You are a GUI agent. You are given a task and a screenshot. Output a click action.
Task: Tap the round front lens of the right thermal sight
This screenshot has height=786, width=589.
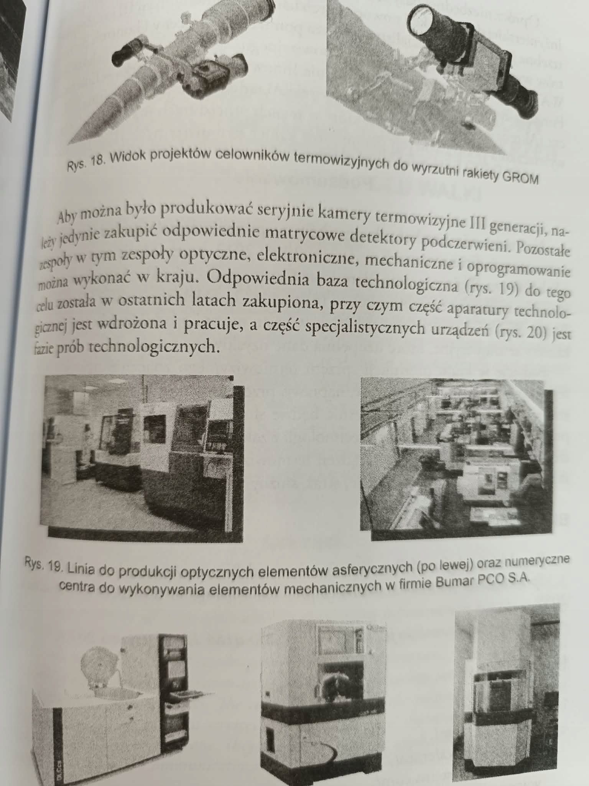click(x=421, y=23)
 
